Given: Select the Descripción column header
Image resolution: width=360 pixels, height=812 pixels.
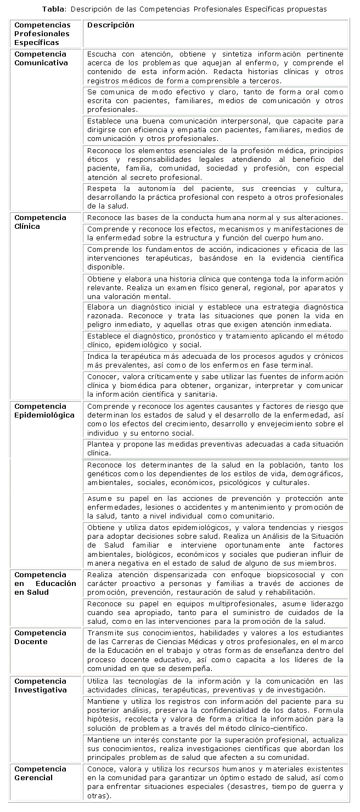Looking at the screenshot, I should click(x=110, y=25).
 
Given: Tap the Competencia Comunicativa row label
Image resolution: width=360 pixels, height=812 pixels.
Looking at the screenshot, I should click(x=41, y=58).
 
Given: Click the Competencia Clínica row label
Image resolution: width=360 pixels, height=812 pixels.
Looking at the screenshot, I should click(x=41, y=222).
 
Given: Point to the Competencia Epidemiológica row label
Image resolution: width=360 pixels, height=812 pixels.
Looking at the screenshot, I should click(x=44, y=410).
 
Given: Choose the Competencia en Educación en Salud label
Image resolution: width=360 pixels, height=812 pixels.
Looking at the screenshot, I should click(x=45, y=583).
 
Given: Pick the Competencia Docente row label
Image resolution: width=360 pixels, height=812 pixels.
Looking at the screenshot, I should click(x=41, y=637).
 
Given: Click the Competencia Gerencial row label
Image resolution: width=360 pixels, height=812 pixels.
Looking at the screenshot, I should click(x=41, y=773).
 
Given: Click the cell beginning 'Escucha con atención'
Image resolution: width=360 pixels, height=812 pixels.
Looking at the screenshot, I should click(x=215, y=67).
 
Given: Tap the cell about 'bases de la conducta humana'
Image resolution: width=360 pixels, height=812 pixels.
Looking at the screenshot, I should click(x=215, y=218).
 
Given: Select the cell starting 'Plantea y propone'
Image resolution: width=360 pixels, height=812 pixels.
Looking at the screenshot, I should click(x=215, y=449).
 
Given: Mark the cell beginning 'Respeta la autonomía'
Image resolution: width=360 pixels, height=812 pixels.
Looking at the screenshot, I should click(x=215, y=197).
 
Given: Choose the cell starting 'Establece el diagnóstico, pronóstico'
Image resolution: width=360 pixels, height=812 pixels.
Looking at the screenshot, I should click(x=215, y=340).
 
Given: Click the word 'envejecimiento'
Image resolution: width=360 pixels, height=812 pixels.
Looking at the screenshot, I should click(x=291, y=425).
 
